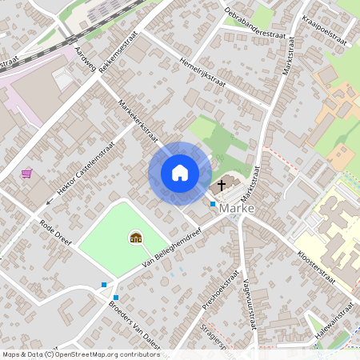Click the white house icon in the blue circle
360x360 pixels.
click(180, 172)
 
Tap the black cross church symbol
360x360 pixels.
click(221, 185)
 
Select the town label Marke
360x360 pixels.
click(236, 209)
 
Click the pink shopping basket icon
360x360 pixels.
click(27, 172)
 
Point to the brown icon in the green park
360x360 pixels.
click(135, 237)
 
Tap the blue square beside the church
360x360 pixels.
click(212, 204)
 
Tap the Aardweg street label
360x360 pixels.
click(84, 60)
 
